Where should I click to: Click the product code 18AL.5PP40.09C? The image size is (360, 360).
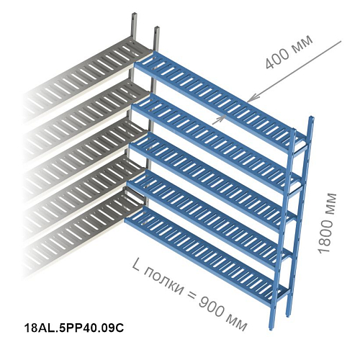[x=74, y=328]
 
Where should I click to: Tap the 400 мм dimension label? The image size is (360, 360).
[x=289, y=52]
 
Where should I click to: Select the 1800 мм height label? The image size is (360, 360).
[x=327, y=223]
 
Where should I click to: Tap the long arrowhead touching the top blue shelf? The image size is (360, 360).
[x=251, y=99]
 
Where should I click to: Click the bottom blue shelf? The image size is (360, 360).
[x=207, y=254]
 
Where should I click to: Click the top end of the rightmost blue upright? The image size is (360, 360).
[x=312, y=117]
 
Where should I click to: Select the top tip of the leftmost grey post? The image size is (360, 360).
[x=134, y=13]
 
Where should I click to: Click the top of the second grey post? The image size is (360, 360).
[x=157, y=27]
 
